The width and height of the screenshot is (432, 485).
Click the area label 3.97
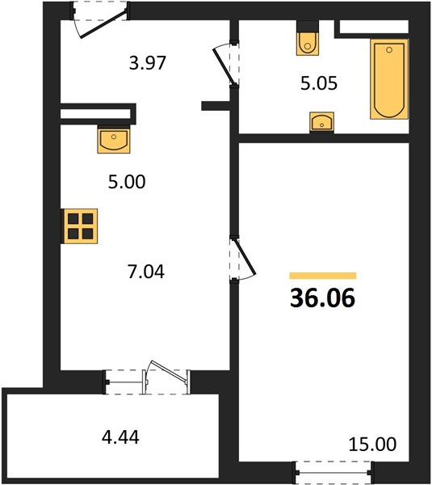(x=148, y=63)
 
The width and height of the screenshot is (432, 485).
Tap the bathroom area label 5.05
(x=319, y=83)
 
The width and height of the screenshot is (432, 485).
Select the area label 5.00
(x=127, y=182)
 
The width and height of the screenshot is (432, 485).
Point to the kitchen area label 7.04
(x=146, y=272)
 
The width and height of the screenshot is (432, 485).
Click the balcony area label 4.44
(x=120, y=437)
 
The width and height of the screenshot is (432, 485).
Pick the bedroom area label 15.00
(x=372, y=444)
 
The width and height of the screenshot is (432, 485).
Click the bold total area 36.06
(x=323, y=298)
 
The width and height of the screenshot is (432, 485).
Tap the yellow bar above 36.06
(x=323, y=276)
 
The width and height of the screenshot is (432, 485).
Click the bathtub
(x=389, y=79)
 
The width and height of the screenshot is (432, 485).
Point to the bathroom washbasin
(x=321, y=122)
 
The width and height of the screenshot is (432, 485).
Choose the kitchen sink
(x=114, y=140)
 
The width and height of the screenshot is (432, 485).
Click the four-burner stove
(x=80, y=226)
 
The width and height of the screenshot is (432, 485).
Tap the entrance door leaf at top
(x=104, y=24)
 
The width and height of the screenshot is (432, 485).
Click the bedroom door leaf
(x=245, y=256)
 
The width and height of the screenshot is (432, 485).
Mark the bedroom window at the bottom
(x=333, y=472)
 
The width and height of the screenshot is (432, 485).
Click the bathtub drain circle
(x=389, y=50)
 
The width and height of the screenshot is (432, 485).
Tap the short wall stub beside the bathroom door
(x=216, y=106)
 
